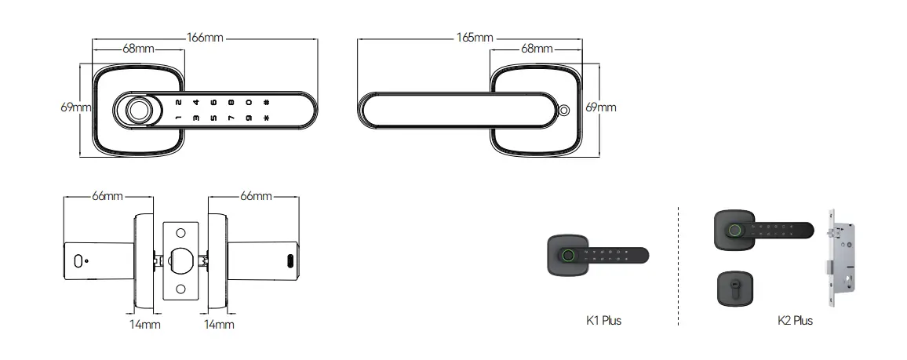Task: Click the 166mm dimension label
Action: click(205, 38)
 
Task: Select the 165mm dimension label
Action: click(475, 38)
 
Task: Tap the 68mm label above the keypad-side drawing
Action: click(139, 49)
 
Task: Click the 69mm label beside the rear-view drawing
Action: click(601, 107)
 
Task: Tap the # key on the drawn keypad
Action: click(267, 102)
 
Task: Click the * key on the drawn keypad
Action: click(267, 118)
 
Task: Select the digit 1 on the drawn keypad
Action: click(177, 118)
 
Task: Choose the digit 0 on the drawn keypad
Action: click(248, 102)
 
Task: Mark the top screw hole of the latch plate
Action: click(180, 233)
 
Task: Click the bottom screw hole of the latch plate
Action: click(180, 289)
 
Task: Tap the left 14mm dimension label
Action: click(145, 324)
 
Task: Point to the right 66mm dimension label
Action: click(256, 195)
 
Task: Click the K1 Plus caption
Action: click(603, 321)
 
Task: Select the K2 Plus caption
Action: click(795, 321)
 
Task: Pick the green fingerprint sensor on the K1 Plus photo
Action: click(567, 254)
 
